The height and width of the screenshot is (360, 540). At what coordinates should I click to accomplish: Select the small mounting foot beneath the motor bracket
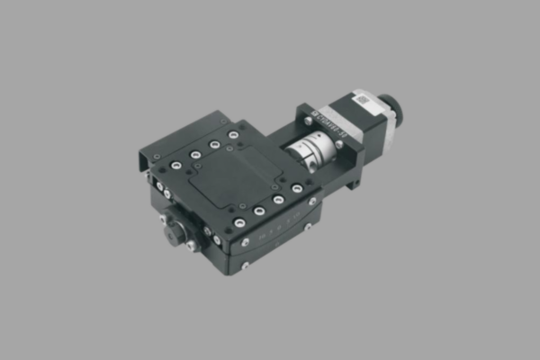point(356,184)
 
